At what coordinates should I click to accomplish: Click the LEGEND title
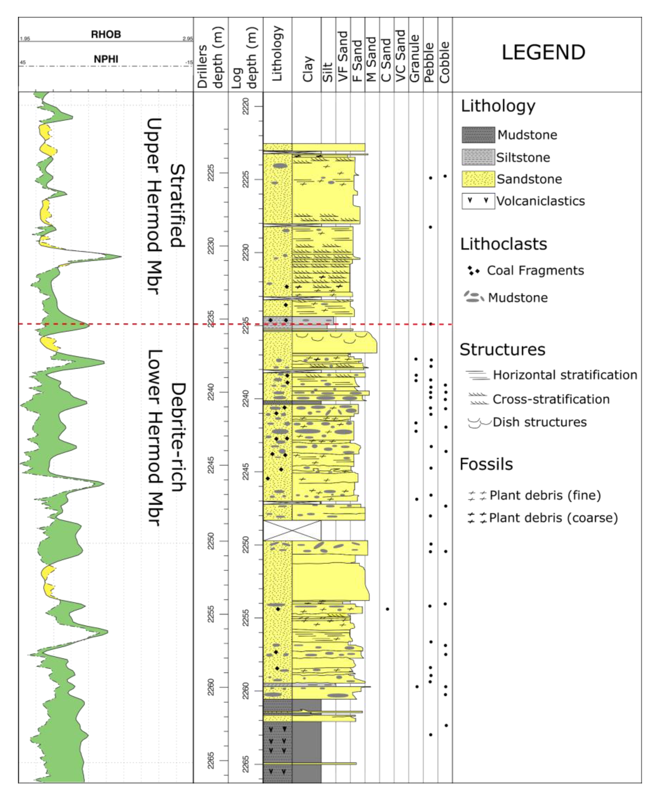[543, 52]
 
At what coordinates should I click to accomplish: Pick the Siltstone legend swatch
[478, 157]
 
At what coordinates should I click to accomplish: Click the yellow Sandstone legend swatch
[478, 179]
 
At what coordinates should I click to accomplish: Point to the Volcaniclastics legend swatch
[478, 201]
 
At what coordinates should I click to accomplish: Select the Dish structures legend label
[539, 422]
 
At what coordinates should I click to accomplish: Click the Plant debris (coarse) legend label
[553, 518]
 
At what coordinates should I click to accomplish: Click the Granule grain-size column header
[415, 58]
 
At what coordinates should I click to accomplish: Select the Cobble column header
[445, 62]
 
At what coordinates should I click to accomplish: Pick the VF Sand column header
[343, 57]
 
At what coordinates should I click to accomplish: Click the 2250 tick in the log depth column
[245, 545]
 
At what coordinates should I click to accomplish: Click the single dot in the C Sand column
[387, 609]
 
